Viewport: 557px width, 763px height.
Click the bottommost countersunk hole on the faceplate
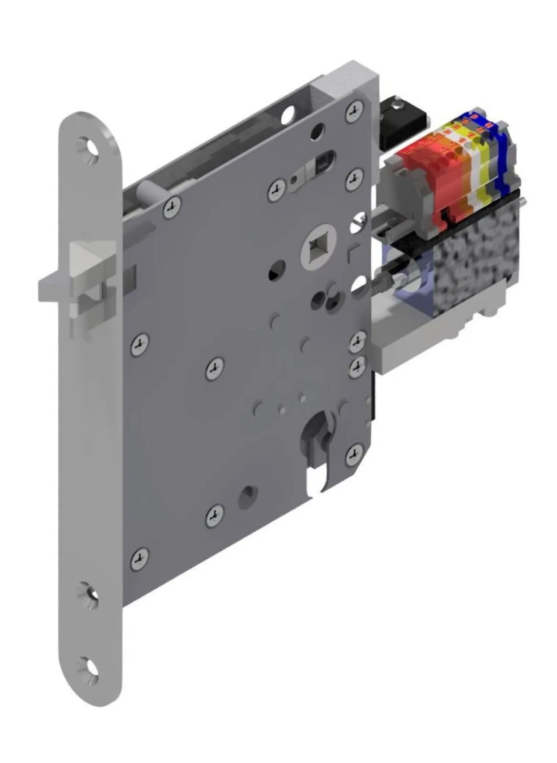89,666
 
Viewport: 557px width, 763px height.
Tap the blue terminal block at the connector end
501,157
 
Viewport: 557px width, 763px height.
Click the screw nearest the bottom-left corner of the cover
139,558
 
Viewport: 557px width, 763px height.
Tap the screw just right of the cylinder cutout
353,454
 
